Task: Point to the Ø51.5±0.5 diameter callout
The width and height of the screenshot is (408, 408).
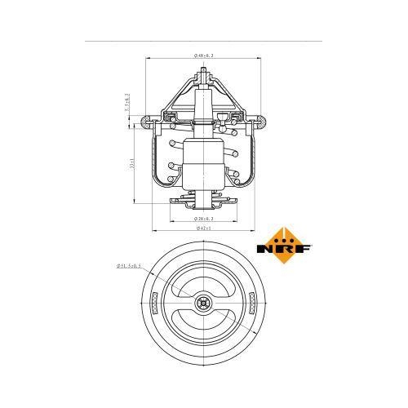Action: pos(129,265)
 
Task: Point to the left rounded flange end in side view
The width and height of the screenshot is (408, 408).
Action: pos(149,123)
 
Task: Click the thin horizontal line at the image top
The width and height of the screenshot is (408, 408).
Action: pos(204,40)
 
